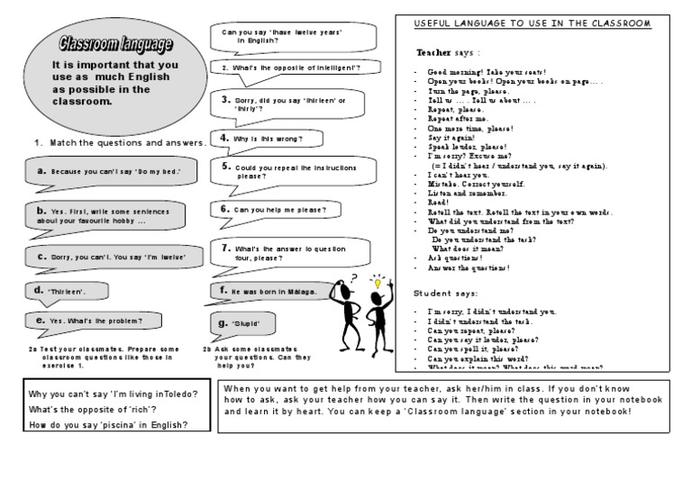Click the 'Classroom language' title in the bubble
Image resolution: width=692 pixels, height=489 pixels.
pyautogui.click(x=105, y=44)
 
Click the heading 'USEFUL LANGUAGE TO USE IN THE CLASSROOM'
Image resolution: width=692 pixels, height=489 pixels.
pyautogui.click(x=532, y=22)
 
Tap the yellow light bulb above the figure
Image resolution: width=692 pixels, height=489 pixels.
pyautogui.click(x=378, y=283)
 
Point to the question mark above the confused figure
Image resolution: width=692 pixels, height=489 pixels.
pyautogui.click(x=354, y=277)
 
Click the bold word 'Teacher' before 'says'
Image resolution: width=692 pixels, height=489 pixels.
pyautogui.click(x=434, y=52)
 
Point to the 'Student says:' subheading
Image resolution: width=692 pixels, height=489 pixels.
pyautogui.click(x=446, y=294)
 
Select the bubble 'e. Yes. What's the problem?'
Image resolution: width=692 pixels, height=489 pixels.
pyautogui.click(x=89, y=321)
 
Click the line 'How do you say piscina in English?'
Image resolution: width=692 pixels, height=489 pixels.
pyautogui.click(x=108, y=425)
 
